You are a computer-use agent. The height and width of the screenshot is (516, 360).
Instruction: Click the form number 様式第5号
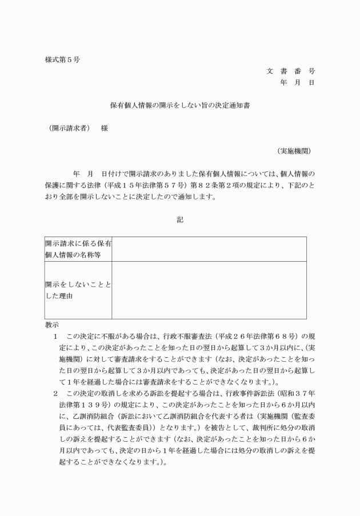point(62,60)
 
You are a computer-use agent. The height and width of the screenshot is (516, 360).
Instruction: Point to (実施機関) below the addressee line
point(294,151)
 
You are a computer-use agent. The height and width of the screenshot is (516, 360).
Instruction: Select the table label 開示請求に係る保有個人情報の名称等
point(78,249)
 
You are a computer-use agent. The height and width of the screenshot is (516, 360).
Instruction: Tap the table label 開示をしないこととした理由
point(78,290)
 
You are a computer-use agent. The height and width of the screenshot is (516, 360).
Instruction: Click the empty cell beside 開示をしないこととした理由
point(209,290)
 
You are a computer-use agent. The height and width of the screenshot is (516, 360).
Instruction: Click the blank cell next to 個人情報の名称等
point(209,249)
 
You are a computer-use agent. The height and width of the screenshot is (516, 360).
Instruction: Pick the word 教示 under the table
point(52,324)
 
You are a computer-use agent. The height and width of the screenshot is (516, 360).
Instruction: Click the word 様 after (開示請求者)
point(105,129)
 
